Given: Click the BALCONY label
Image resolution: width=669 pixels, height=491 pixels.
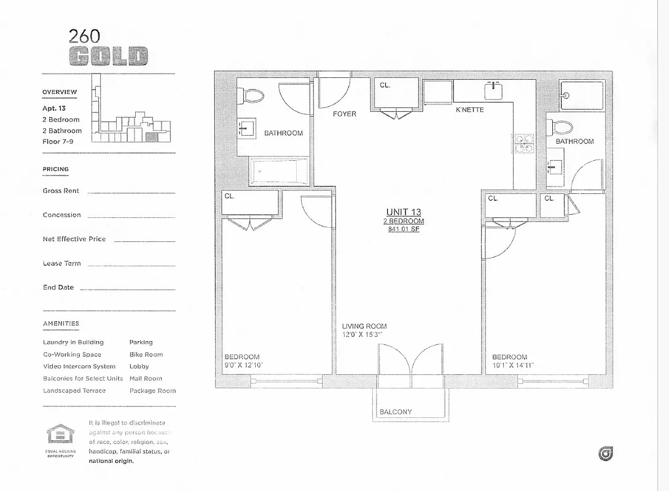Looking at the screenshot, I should point(396,412).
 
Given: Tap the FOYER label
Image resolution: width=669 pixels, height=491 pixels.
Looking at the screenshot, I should point(345,114).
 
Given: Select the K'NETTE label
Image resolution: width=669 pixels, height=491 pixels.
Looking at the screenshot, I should point(469,110).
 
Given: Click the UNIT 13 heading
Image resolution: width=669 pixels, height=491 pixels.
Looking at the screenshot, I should point(404,212).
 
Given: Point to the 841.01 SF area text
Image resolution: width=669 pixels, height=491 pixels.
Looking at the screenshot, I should point(404,230).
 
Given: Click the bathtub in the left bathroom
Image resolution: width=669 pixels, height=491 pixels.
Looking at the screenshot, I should point(279,171).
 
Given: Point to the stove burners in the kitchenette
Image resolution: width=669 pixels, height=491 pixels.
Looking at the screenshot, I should point(524,143).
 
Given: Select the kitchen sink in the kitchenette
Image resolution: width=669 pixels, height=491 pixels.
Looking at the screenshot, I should point(493,91).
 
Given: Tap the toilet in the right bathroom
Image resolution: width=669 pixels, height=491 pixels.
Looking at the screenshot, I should point(561,128).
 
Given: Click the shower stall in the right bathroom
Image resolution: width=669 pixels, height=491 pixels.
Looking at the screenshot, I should point(582,95).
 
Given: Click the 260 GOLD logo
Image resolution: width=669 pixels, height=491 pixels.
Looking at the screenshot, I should point(108,48).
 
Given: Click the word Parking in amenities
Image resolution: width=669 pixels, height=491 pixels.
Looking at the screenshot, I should point(141,342).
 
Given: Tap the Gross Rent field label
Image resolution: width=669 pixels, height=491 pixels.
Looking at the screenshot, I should point(61,191).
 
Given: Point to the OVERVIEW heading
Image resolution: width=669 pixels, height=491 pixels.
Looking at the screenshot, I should point(60,92).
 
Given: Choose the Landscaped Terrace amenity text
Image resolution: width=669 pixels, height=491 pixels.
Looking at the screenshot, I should point(74,391).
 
